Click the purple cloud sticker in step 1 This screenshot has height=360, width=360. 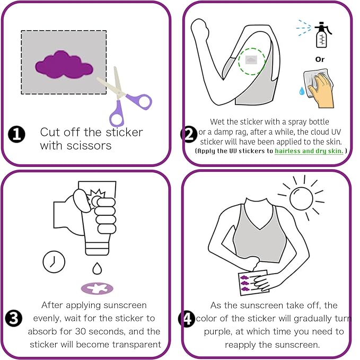tap(64, 66)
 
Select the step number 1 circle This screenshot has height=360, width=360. tap(16, 135)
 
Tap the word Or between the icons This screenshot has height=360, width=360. tap(320, 59)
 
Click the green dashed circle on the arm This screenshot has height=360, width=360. tap(251, 60)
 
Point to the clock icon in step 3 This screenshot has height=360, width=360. tap(54, 261)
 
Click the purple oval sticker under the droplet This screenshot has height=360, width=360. tap(96, 288)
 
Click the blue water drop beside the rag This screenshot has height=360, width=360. tap(303, 91)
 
